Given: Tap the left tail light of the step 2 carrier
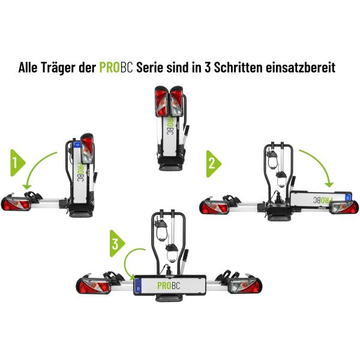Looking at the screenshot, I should tap(214, 208).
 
